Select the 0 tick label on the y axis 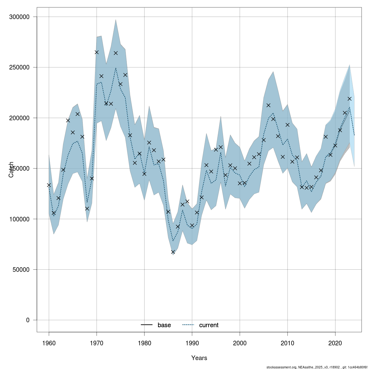(28, 320)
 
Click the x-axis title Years (199, 358)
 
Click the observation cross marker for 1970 (97, 52)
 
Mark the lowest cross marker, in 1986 (173, 252)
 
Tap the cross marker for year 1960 (49, 185)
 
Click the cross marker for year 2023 (349, 99)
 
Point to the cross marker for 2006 (268, 105)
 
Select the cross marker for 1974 (116, 53)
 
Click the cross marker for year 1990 (192, 225)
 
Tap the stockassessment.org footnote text (317, 367)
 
